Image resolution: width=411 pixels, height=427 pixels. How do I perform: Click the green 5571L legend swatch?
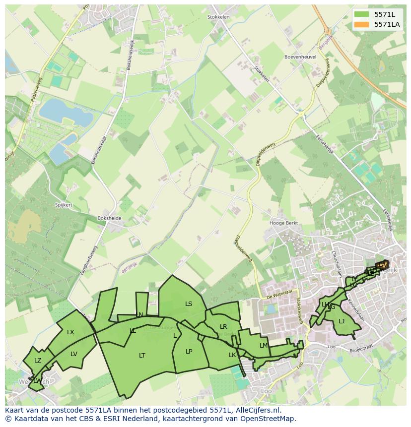tap(362, 14)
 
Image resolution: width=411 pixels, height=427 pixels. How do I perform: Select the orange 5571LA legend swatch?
tap(362, 24)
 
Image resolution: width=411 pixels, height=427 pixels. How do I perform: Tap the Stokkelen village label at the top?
tap(218, 17)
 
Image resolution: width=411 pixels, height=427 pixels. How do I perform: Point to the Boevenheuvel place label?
tap(300, 57)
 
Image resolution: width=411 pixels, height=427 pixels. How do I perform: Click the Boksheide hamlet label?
tap(110, 218)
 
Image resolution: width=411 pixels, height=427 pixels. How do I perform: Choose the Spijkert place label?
tap(64, 205)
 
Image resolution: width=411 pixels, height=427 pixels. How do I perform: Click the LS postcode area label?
tap(189, 304)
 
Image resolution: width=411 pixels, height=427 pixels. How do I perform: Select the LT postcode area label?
tap(142, 355)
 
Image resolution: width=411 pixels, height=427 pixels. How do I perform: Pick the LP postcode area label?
tap(189, 352)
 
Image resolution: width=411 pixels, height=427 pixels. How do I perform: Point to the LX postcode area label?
tap(70, 332)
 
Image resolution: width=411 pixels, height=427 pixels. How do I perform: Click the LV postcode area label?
tap(74, 354)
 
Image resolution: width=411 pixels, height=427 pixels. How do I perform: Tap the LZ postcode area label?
tap(38, 361)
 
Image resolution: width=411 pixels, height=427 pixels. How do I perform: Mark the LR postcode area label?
tap(223, 327)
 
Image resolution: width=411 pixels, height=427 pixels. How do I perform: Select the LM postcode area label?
tap(264, 346)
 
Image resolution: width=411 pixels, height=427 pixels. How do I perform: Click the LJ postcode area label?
tap(342, 321)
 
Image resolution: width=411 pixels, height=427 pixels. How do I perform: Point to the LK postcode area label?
tap(232, 355)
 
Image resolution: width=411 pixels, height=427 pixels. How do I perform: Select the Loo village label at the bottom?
tap(266, 391)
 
